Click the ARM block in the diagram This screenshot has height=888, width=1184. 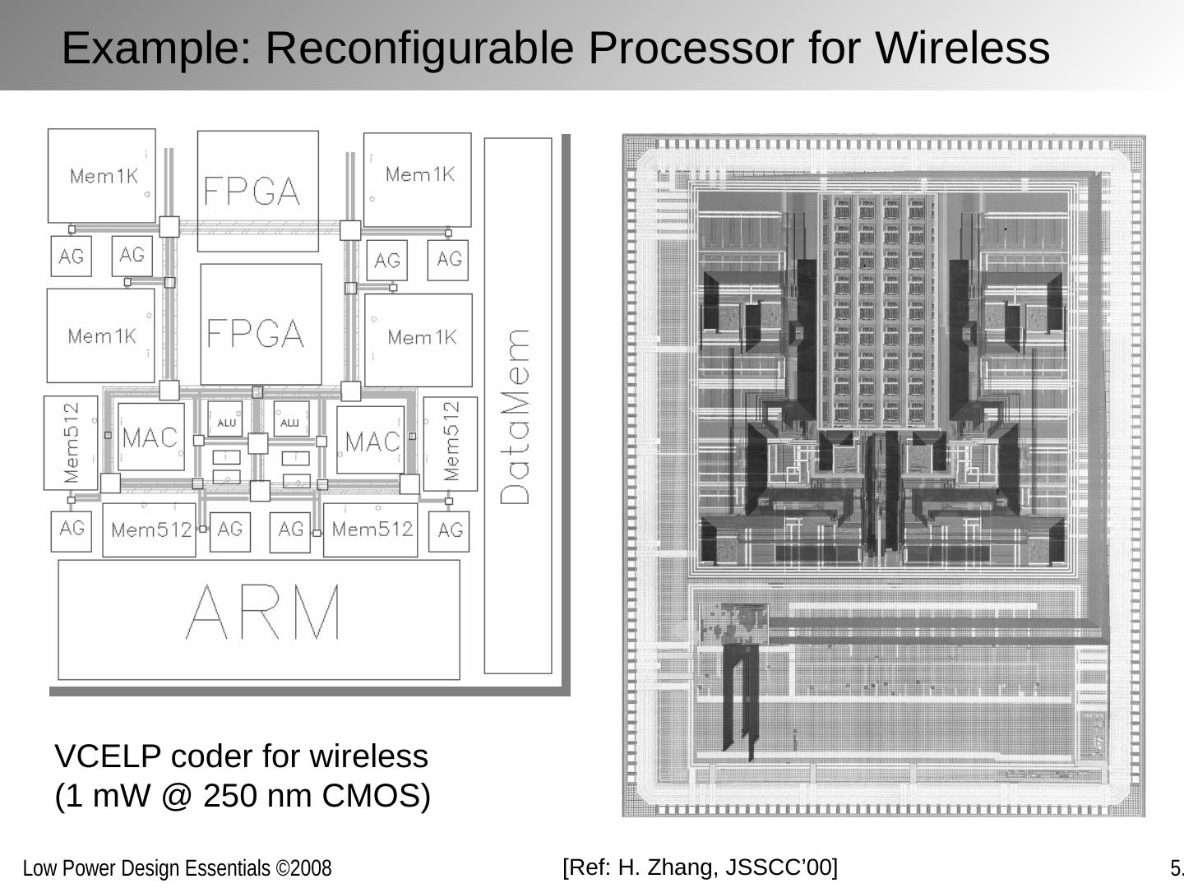(259, 619)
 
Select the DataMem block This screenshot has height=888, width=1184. (517, 405)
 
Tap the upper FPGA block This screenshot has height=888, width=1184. (257, 191)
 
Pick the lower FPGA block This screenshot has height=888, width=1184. (261, 324)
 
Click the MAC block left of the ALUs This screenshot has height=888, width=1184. (150, 437)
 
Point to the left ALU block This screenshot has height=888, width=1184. (225, 421)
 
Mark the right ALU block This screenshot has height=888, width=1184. (290, 421)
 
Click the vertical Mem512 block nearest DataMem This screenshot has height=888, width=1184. (451, 443)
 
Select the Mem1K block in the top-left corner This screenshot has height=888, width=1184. (102, 175)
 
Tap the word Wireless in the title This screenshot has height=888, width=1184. (962, 47)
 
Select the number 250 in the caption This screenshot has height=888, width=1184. (230, 796)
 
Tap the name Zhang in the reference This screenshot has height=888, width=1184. (673, 867)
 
